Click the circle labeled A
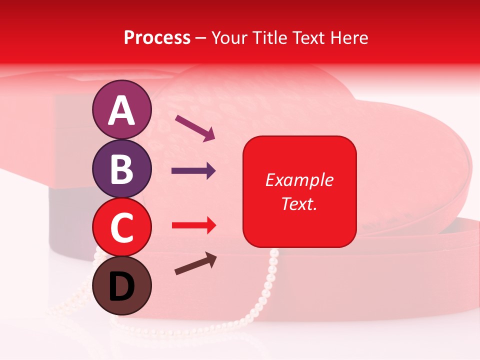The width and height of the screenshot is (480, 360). pyautogui.click(x=121, y=109)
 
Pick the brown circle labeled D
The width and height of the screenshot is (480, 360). pyautogui.click(x=121, y=285)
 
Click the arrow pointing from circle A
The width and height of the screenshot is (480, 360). pyautogui.click(x=195, y=127)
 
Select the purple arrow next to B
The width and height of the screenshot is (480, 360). pyautogui.click(x=193, y=171)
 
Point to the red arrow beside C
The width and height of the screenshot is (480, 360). pyautogui.click(x=193, y=226)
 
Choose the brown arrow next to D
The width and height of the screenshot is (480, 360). pyautogui.click(x=195, y=263)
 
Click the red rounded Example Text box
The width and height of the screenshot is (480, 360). pyautogui.click(x=299, y=191)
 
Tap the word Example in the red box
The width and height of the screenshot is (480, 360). pyautogui.click(x=299, y=180)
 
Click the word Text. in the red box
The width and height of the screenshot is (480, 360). pyautogui.click(x=299, y=204)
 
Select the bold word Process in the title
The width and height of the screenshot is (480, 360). pyautogui.click(x=157, y=37)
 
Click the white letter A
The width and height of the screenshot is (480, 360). pyautogui.click(x=121, y=110)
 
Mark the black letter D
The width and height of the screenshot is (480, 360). pyautogui.click(x=121, y=286)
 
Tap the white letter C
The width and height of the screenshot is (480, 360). pyautogui.click(x=121, y=227)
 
